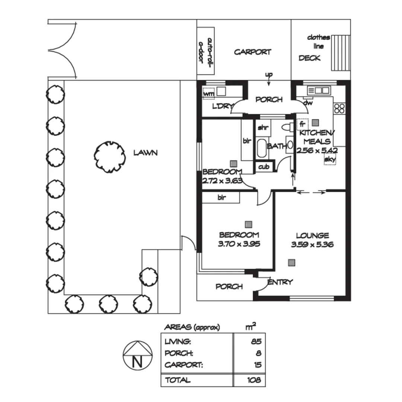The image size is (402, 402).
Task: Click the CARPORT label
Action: (252, 52)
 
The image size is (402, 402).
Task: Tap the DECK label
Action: (309, 58)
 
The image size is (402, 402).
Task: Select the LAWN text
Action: (146, 153)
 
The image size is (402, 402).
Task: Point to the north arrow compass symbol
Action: (138, 355)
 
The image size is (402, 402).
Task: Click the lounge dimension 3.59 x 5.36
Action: (312, 245)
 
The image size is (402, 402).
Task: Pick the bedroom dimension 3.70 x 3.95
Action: (239, 244)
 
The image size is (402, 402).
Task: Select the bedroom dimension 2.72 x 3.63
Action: (222, 182)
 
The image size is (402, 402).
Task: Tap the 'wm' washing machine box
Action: (209, 94)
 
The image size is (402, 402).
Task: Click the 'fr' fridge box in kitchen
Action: (302, 124)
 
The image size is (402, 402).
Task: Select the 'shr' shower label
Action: (263, 128)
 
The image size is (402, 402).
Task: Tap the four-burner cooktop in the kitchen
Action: (339, 108)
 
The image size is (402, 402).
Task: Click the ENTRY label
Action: (280, 282)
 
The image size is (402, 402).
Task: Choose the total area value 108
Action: (253, 380)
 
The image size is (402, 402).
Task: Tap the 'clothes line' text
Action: (318, 42)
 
